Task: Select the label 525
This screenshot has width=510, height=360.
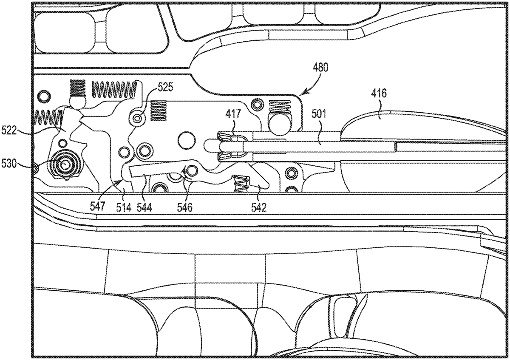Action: point(165,88)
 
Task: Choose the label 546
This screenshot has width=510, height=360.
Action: point(185,207)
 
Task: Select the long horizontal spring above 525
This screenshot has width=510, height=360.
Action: point(115,89)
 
